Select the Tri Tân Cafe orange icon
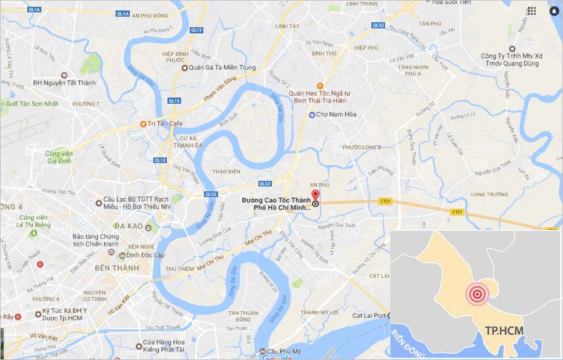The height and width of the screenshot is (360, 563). pyautogui.click(x=143, y=123)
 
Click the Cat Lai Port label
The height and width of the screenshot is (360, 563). pyautogui.click(x=370, y=316)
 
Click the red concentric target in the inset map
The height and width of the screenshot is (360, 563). pyautogui.click(x=477, y=295)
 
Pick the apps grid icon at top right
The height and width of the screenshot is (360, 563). pyautogui.click(x=532, y=10)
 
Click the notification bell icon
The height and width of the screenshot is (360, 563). pyautogui.click(x=553, y=10)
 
